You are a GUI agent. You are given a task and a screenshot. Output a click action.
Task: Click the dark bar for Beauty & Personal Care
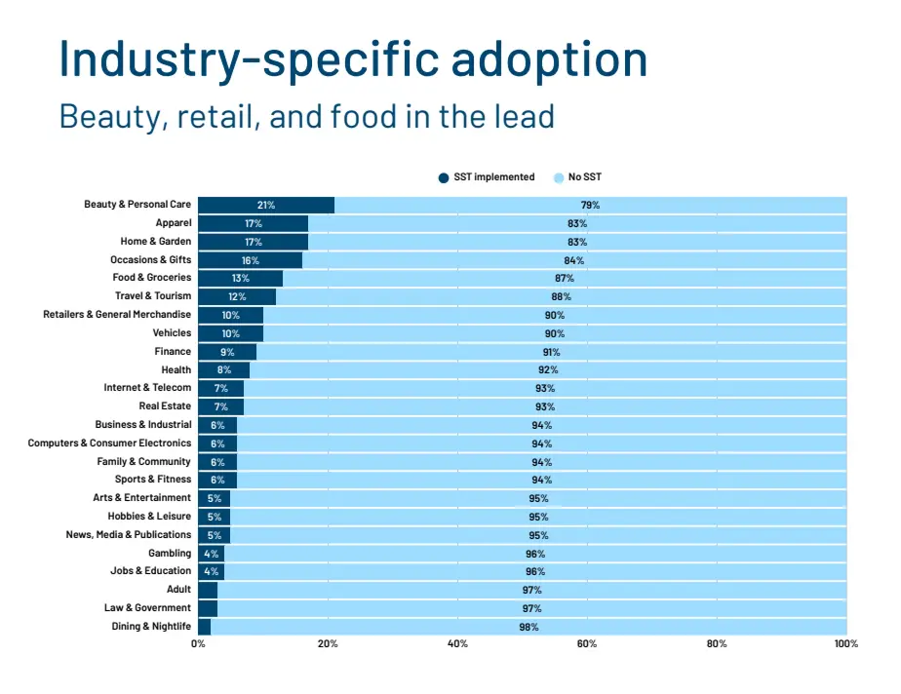[x=265, y=205]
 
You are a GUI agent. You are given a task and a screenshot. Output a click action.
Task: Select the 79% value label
[x=590, y=205]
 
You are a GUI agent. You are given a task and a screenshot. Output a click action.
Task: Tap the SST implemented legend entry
[x=487, y=177]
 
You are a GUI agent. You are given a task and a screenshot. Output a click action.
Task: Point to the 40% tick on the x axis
[x=457, y=644]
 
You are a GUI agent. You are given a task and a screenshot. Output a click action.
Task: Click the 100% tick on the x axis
[x=845, y=644]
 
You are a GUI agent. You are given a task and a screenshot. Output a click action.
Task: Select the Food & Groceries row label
[x=152, y=278]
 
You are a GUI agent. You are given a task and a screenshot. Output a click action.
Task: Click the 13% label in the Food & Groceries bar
[x=240, y=278]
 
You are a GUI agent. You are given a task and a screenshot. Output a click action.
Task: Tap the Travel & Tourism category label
[x=153, y=296]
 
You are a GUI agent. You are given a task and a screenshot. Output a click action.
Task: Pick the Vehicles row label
[x=172, y=333]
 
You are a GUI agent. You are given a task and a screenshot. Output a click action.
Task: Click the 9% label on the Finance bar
[x=227, y=352]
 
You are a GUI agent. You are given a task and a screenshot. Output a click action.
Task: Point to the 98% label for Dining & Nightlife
[x=529, y=627]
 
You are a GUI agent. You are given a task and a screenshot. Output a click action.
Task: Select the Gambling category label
[x=170, y=554]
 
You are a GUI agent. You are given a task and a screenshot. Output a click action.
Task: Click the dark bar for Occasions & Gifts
[x=250, y=260]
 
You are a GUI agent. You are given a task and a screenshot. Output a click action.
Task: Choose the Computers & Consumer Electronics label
[x=109, y=443]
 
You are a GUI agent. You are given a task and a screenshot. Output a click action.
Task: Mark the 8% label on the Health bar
[x=223, y=370]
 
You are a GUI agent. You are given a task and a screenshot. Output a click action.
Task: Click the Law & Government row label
[x=147, y=608]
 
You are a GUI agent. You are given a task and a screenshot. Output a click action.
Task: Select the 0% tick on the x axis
[x=198, y=644]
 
